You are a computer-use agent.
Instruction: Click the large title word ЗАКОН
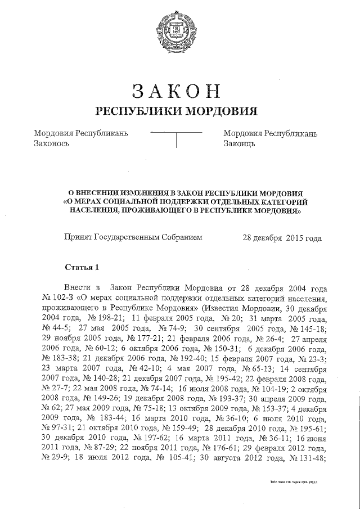pyautogui.click(x=179, y=90)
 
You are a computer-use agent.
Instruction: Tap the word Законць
pyautogui.click(x=240, y=143)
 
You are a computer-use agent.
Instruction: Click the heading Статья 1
pyautogui.click(x=82, y=267)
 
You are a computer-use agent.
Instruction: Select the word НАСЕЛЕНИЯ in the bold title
pyautogui.click(x=96, y=212)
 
